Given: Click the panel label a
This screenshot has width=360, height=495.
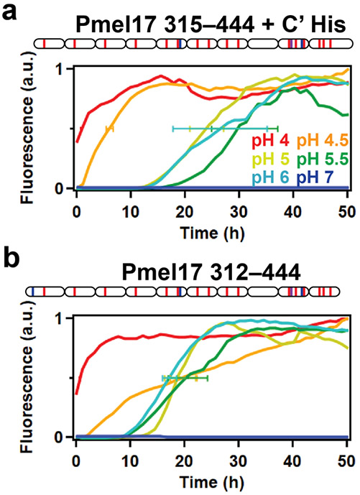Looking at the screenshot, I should [9, 11].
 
